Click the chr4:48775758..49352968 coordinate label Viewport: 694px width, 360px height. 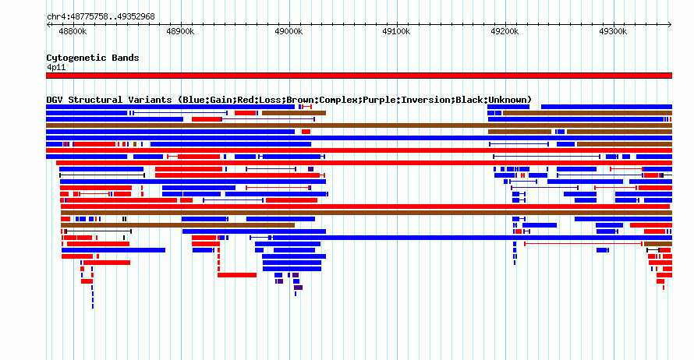point(101,17)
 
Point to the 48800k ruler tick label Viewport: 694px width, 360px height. point(73,31)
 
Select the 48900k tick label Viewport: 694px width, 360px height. point(180,31)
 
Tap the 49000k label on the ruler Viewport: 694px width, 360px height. point(289,31)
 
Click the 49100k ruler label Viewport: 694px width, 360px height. point(396,31)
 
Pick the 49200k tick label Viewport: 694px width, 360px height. point(505,31)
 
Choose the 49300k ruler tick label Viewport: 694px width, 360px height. point(613,31)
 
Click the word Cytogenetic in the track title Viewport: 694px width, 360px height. point(76,58)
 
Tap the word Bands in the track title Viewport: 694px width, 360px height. point(126,58)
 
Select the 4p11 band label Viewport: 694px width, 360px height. point(56,67)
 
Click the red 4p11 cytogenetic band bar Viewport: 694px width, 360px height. point(359,76)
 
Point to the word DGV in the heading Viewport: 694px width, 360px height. point(55,100)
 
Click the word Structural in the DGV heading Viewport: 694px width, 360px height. point(95,100)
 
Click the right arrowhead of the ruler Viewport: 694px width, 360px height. point(670,25)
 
